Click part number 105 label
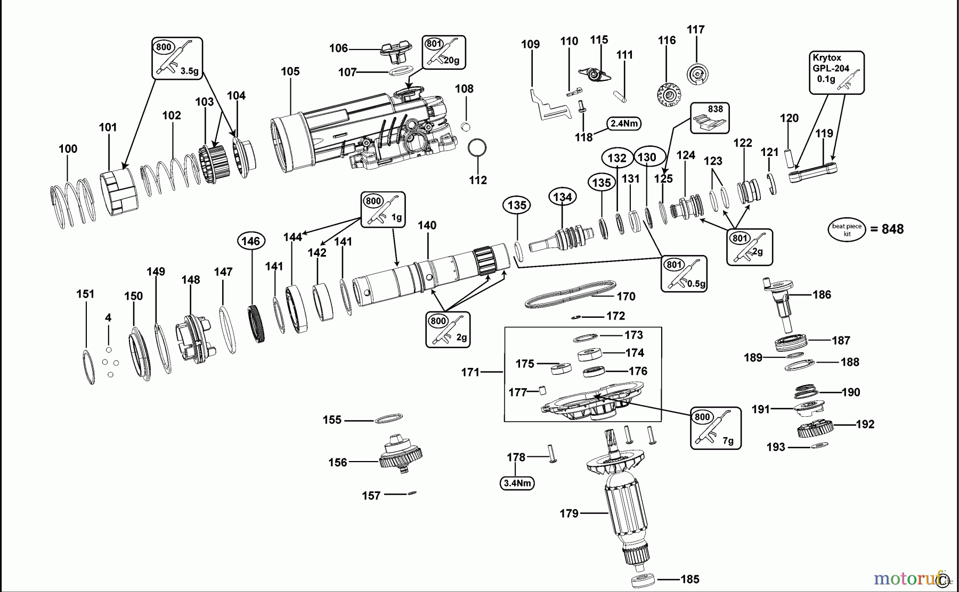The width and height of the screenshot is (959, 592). pyautogui.click(x=290, y=71)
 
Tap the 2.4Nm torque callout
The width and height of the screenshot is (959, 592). pyautogui.click(x=624, y=124)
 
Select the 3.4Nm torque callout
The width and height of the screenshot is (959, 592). pyautogui.click(x=517, y=483)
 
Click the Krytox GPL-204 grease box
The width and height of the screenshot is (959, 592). pyautogui.click(x=836, y=73)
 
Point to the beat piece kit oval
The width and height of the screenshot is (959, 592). pyautogui.click(x=847, y=230)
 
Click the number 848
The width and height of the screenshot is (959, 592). pyautogui.click(x=893, y=229)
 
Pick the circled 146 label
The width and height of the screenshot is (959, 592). pyautogui.click(x=250, y=241)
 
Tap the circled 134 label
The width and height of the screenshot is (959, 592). pyautogui.click(x=562, y=198)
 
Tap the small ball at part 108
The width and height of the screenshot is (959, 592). pyautogui.click(x=465, y=126)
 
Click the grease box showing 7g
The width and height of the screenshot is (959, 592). pyautogui.click(x=716, y=428)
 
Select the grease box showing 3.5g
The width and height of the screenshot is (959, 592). pyautogui.click(x=177, y=58)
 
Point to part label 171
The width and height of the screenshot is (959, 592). pyautogui.click(x=470, y=373)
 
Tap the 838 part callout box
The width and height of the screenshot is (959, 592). pyautogui.click(x=710, y=118)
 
